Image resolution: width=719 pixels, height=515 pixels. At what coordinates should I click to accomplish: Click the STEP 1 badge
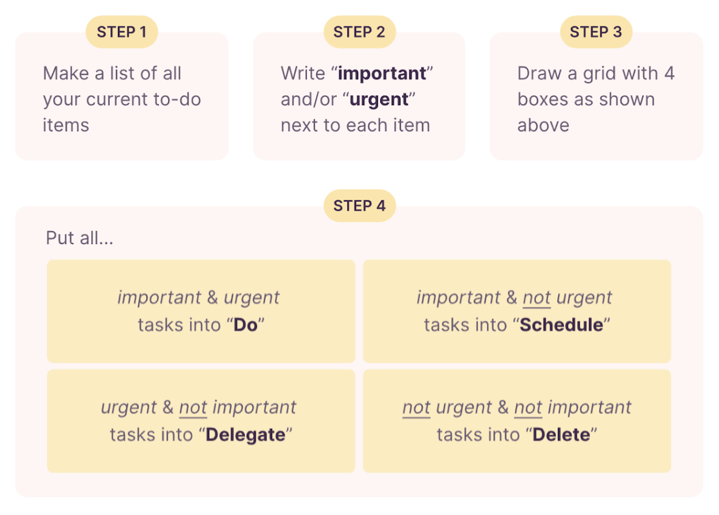[121, 32]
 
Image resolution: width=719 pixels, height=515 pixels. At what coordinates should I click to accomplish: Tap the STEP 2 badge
[360, 32]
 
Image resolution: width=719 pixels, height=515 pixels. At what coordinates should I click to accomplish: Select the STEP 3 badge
[596, 32]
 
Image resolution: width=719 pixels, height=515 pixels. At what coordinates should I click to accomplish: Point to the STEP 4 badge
[360, 206]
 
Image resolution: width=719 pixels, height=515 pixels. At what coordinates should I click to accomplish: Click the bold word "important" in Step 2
[382, 74]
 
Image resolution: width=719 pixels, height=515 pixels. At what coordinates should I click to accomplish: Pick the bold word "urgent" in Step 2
[379, 99]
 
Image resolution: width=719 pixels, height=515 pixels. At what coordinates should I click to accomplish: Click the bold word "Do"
[245, 324]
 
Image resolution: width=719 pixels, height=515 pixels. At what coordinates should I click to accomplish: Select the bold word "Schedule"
[561, 324]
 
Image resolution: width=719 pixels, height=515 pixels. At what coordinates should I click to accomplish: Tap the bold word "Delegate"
[246, 434]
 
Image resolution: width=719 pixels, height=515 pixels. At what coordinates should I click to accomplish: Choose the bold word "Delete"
[561, 434]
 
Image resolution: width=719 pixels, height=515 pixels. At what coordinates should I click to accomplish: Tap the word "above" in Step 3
[543, 125]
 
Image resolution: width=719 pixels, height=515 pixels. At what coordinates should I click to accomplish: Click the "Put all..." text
[79, 238]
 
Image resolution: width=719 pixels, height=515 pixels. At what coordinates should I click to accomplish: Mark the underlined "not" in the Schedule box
[536, 298]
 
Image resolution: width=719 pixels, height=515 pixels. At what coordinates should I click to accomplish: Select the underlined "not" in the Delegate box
[193, 408]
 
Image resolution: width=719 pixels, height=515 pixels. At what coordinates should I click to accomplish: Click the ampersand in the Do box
[213, 298]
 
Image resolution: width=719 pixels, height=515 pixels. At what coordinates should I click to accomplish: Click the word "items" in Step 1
[66, 125]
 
